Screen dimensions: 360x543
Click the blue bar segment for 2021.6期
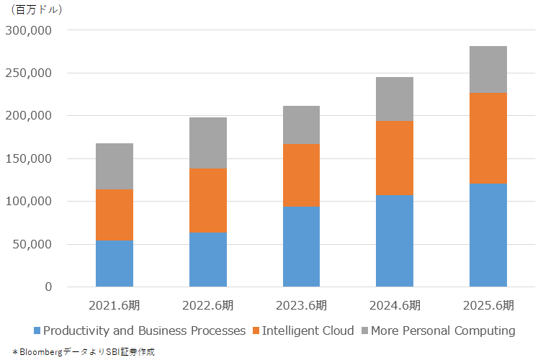pyautogui.click(x=115, y=264)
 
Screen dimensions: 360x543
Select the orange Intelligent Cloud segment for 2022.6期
pyautogui.click(x=208, y=201)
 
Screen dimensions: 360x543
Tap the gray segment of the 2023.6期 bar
pyautogui.click(x=301, y=125)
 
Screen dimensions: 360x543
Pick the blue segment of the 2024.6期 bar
pyautogui.click(x=395, y=241)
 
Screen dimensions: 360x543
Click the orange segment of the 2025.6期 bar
pyautogui.click(x=488, y=138)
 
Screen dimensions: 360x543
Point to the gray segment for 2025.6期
pyautogui.click(x=488, y=70)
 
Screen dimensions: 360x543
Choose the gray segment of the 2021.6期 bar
pyautogui.click(x=115, y=166)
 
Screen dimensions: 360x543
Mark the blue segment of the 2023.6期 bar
pyautogui.click(x=301, y=247)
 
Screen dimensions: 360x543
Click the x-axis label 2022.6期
pyautogui.click(x=208, y=305)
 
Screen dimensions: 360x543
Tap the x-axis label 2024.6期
pyautogui.click(x=395, y=305)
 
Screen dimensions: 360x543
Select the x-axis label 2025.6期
pyautogui.click(x=488, y=305)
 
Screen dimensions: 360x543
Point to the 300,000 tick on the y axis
pyautogui.click(x=29, y=31)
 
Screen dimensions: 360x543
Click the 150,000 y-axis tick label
pyautogui.click(x=29, y=158)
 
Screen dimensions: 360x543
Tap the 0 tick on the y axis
pyautogui.click(x=48, y=287)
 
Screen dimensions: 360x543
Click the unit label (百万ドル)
pyautogui.click(x=37, y=10)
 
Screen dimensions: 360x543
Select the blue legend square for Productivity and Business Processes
pyautogui.click(x=37, y=331)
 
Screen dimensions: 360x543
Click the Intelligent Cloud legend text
pyautogui.click(x=308, y=331)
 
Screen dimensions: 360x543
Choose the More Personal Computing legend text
pyautogui.click(x=443, y=331)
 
